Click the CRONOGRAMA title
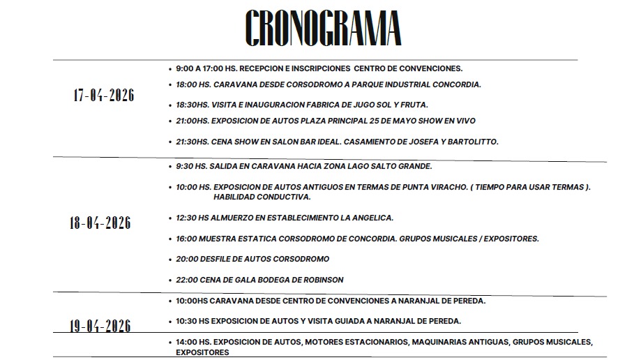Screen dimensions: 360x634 coord(323,29)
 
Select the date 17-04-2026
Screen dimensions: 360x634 coord(104,96)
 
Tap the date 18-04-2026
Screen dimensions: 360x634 coord(100,223)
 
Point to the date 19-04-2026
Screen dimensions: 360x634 coord(100,326)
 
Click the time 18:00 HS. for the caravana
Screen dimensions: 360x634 coord(193,85)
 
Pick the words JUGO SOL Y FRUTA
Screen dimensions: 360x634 coord(392,105)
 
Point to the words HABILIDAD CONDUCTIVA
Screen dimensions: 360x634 coord(232,197)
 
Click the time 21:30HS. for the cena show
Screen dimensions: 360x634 coord(193,142)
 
